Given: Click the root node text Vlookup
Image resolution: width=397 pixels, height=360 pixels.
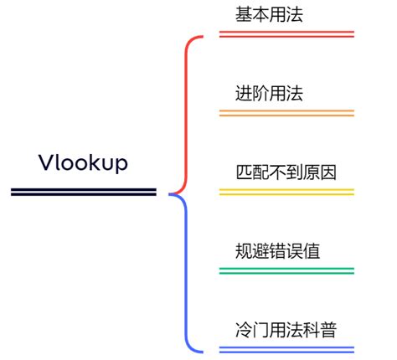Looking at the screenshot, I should (83, 162).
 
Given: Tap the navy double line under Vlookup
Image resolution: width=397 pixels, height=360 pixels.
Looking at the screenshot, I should (83, 193).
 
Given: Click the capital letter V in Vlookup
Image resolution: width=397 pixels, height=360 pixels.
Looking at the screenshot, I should (45, 162).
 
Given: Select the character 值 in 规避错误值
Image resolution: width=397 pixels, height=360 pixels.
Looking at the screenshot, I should (312, 250).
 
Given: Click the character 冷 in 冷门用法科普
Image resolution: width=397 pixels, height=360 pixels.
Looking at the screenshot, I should (245, 329).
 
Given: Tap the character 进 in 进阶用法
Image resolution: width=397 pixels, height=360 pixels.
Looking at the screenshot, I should (245, 93).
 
